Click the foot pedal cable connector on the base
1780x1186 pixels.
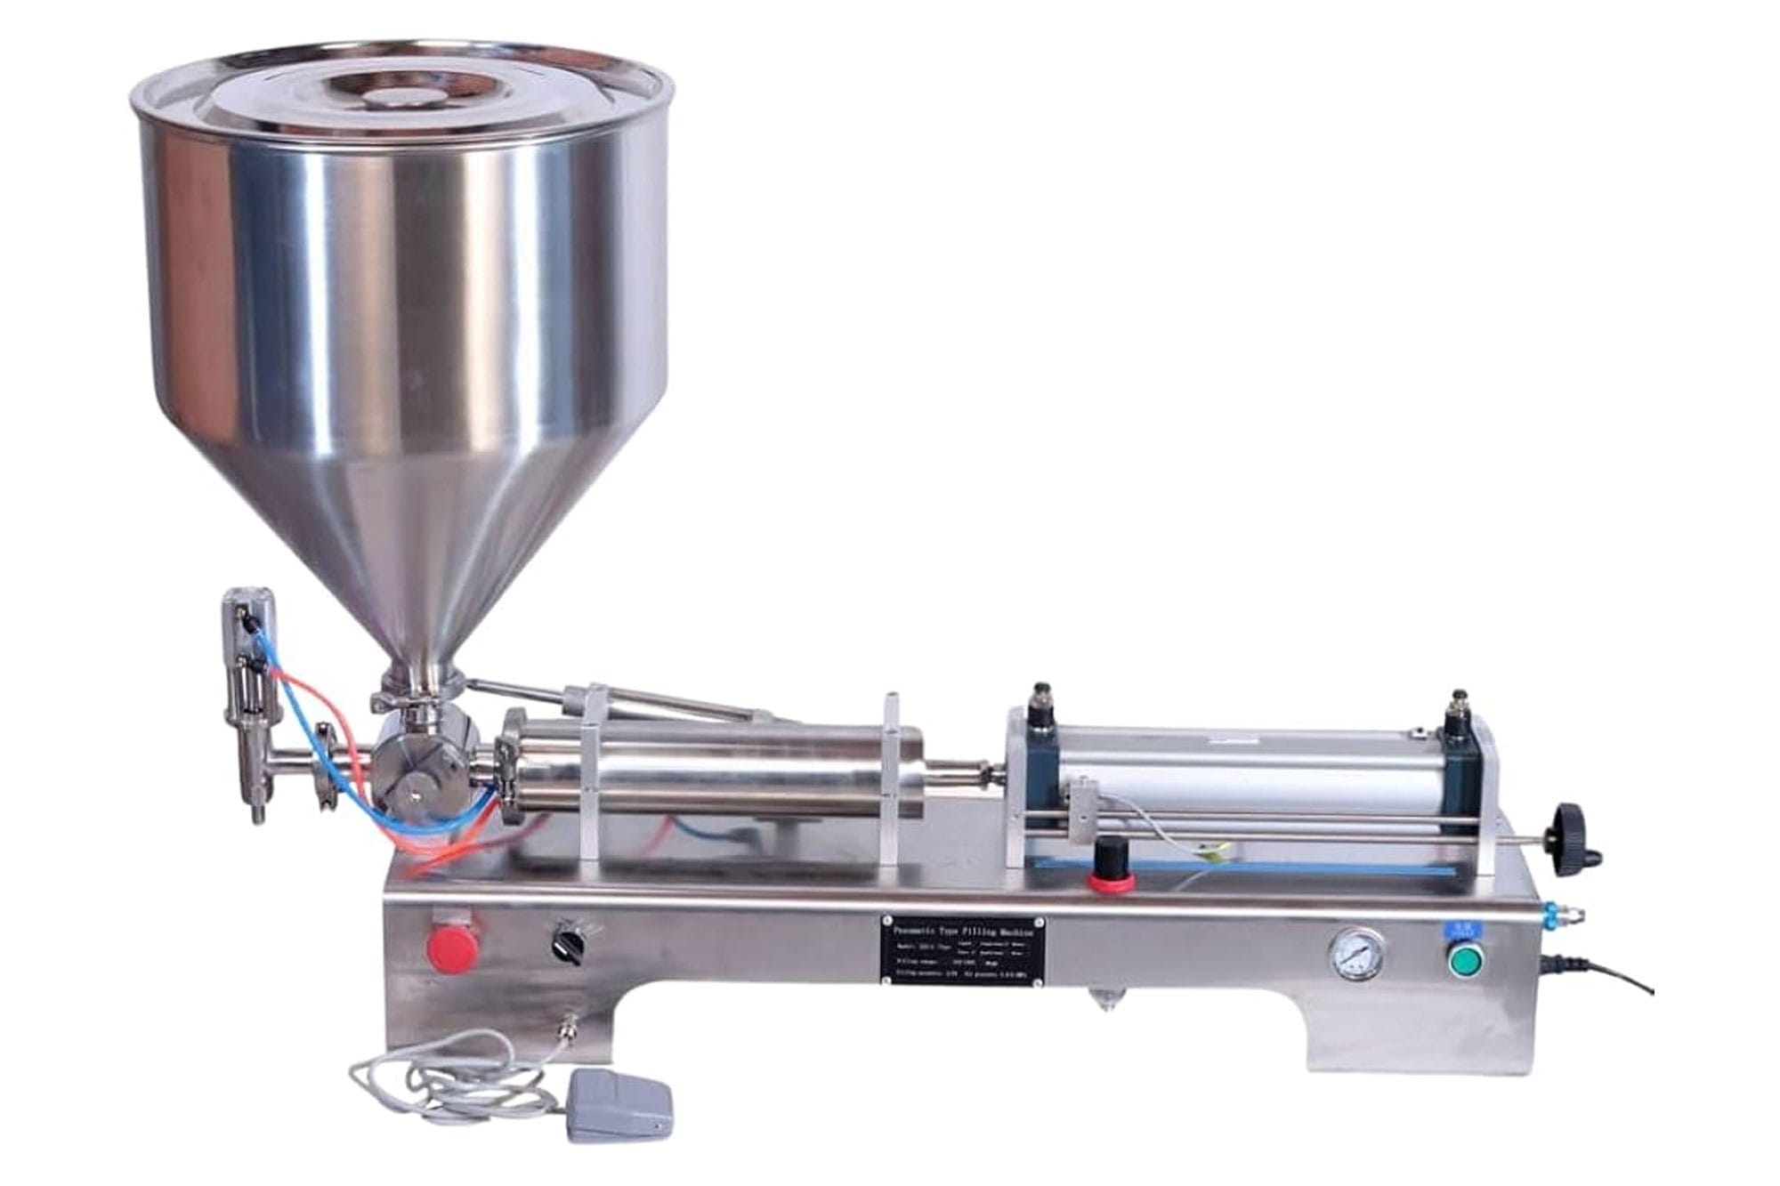564,1036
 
